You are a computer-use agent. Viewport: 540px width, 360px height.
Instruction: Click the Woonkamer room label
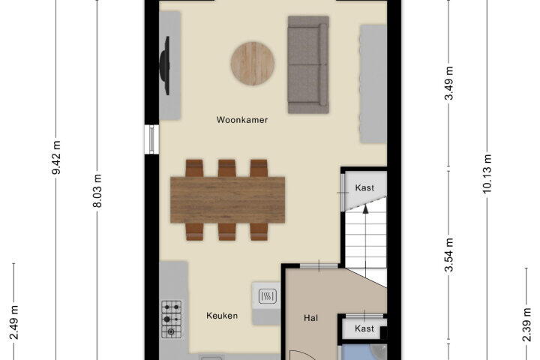coord(242,120)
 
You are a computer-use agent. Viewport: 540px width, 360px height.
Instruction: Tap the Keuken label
coord(222,316)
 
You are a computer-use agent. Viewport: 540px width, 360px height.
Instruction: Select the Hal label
coord(310,318)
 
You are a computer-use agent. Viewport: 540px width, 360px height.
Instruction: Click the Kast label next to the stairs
coord(364,187)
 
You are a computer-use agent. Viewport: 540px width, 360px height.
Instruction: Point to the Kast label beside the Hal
coord(364,328)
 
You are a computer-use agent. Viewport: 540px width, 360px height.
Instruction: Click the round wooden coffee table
coord(253,64)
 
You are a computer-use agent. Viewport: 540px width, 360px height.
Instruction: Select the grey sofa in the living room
coord(308,64)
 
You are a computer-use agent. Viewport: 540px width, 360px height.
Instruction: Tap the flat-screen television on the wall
coord(165,65)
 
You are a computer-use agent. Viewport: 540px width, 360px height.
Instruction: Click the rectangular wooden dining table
coord(228,199)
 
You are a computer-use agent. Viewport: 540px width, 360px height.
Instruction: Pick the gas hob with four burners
coord(172,319)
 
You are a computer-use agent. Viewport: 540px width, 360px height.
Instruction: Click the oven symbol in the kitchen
coord(267,296)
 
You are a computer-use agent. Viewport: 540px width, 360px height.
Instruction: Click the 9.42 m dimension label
coord(56,157)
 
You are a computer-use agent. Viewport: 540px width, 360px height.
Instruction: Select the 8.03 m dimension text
coord(97,190)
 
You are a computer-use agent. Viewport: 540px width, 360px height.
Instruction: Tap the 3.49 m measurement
coord(448,83)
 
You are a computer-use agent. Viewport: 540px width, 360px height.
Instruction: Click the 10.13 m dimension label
coord(487,174)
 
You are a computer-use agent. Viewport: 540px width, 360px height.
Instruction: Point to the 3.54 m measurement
coord(448,254)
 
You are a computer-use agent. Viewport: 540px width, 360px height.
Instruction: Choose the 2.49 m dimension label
coord(13,322)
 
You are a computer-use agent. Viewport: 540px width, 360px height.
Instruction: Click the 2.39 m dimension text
coord(526,325)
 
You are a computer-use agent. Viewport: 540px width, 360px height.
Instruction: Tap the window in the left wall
coord(151,139)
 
